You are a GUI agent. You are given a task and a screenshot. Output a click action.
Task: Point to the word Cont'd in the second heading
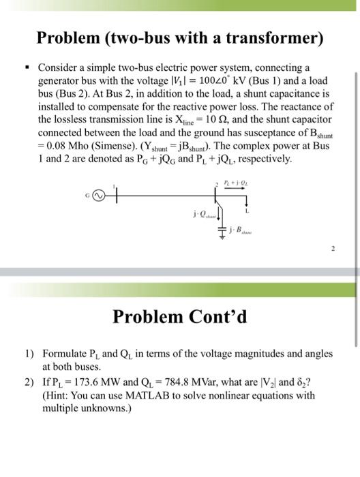[x=222, y=317]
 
